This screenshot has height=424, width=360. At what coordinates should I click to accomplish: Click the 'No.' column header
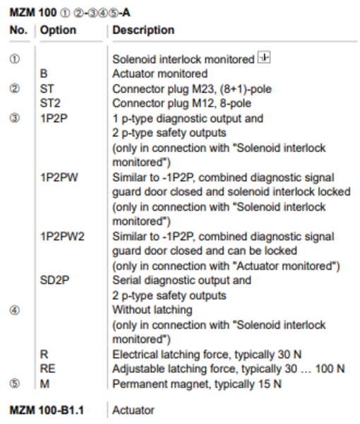pyautogui.click(x=18, y=30)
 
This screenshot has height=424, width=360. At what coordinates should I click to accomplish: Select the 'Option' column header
pyautogui.click(x=58, y=30)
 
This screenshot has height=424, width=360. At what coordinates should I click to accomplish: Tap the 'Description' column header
pyautogui.click(x=143, y=30)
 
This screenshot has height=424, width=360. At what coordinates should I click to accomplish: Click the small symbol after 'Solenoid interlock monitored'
pyautogui.click(x=264, y=57)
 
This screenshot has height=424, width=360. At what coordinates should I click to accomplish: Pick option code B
pyautogui.click(x=44, y=73)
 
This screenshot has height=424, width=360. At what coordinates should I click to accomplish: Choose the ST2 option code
pyautogui.click(x=50, y=103)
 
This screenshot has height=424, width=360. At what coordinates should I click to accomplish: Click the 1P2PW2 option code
pyautogui.click(x=62, y=237)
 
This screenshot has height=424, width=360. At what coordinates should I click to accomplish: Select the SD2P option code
pyautogui.click(x=54, y=280)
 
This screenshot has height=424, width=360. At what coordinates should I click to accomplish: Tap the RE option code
pyautogui.click(x=47, y=369)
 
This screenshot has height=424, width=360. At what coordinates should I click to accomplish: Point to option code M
pyautogui.click(x=44, y=384)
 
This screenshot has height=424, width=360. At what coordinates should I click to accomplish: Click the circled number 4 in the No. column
pyautogui.click(x=15, y=310)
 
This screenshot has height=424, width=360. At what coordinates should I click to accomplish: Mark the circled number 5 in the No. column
pyautogui.click(x=15, y=384)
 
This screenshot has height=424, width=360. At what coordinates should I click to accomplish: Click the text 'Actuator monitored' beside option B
pyautogui.click(x=160, y=73)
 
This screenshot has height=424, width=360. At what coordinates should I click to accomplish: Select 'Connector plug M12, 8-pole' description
pyautogui.click(x=181, y=103)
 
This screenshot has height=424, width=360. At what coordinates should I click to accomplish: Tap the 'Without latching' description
pyautogui.click(x=152, y=310)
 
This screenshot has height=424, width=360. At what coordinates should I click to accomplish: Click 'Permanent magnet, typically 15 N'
pyautogui.click(x=197, y=384)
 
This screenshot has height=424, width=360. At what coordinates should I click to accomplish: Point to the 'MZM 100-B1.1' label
pyautogui.click(x=47, y=410)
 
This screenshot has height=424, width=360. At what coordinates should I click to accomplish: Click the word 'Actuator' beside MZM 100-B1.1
pyautogui.click(x=133, y=410)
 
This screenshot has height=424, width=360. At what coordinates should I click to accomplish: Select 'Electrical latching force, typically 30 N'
pyautogui.click(x=207, y=355)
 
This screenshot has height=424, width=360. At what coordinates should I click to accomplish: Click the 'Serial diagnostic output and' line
pyautogui.click(x=181, y=280)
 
